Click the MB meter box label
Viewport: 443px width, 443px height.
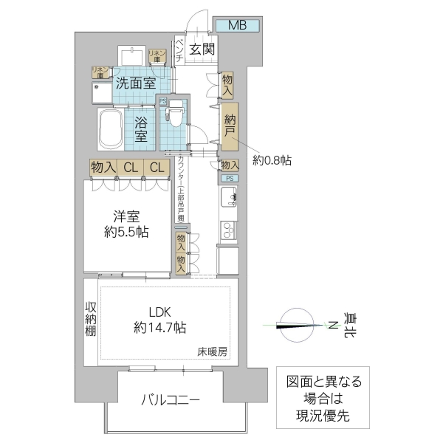click(x=236, y=26)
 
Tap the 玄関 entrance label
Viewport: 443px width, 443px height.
click(x=201, y=49)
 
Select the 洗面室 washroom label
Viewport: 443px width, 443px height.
click(x=135, y=83)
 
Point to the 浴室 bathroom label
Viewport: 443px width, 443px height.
click(x=142, y=126)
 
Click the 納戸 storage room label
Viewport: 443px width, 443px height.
click(x=230, y=125)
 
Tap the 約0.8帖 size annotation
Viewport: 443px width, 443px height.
click(x=272, y=159)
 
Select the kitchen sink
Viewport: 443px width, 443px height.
click(x=228, y=197)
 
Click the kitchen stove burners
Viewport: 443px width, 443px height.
click(x=228, y=230)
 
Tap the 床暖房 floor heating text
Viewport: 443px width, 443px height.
click(x=213, y=351)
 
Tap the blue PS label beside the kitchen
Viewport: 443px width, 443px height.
click(x=229, y=179)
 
